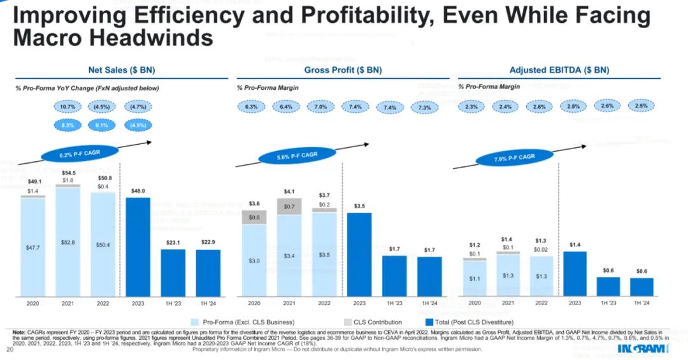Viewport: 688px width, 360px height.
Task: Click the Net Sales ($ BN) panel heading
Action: click(x=121, y=70)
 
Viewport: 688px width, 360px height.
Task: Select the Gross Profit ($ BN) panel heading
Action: click(x=343, y=70)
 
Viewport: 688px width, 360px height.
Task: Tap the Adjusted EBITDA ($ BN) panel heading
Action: click(x=559, y=70)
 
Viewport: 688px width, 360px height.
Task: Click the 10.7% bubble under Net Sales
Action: click(x=68, y=108)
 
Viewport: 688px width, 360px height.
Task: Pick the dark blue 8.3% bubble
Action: click(x=68, y=125)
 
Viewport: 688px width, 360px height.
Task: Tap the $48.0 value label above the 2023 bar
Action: click(x=138, y=190)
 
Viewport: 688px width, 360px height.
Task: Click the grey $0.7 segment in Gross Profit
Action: click(x=289, y=206)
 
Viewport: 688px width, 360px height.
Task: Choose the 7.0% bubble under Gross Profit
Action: click(x=320, y=107)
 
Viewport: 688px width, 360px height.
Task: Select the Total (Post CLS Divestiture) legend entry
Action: click(x=471, y=322)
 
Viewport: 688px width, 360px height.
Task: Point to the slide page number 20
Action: click(x=9, y=350)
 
